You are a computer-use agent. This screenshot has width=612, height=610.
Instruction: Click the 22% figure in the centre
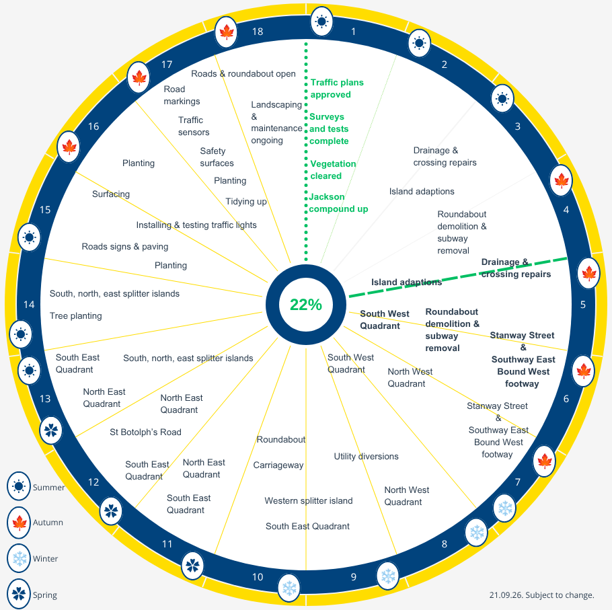coord(305,305)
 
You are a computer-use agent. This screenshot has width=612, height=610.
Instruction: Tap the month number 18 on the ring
coord(258,32)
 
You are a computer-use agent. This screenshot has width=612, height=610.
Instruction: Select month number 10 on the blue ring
coord(258,577)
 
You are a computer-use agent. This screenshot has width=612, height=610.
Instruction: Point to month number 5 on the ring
coord(582,305)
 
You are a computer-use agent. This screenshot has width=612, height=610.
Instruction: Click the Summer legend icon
coord(18,486)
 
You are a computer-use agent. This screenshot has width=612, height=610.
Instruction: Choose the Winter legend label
coord(45,558)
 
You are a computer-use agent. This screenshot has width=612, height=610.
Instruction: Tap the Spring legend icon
coord(18,594)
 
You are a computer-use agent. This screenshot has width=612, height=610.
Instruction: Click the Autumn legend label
coord(48,522)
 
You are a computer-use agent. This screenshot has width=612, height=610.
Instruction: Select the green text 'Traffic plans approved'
coord(337,88)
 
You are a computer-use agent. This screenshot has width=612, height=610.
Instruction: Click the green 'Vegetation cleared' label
coord(333,169)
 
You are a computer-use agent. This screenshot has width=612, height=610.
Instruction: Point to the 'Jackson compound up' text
coord(338,202)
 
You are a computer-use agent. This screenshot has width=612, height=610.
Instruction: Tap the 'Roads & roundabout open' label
coord(243,74)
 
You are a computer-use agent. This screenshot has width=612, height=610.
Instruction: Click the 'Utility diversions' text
coord(366,456)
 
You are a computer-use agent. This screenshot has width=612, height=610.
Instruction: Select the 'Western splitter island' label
coord(308,501)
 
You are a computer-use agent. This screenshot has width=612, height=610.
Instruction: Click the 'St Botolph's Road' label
coord(145,432)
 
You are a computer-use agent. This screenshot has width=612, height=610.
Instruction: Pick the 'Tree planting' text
coord(76,315)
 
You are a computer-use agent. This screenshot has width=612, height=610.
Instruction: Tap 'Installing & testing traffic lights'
coord(196,225)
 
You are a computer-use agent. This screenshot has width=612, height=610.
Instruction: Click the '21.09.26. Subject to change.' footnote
coord(542,595)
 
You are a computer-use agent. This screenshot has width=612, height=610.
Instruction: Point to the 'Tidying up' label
coord(246,201)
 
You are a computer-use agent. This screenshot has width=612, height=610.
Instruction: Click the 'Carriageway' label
coord(278,465)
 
